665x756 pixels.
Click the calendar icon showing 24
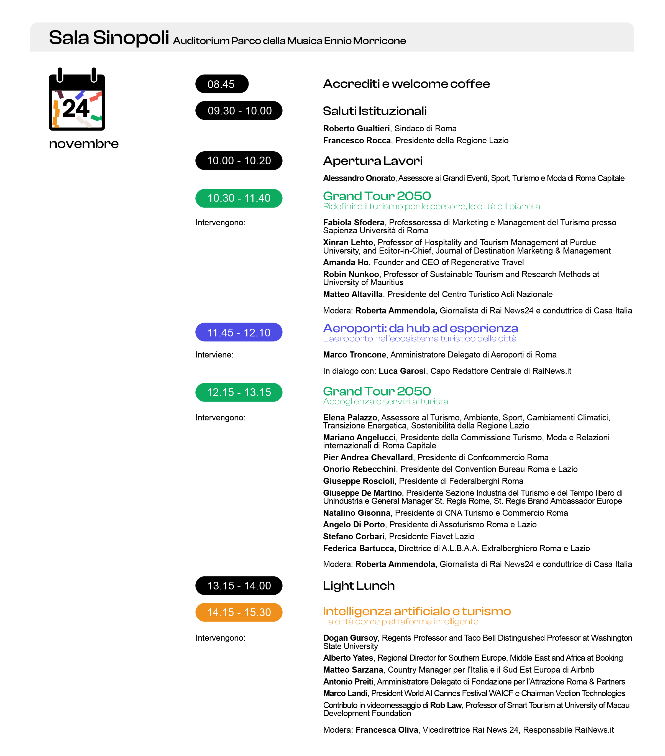point(77,100)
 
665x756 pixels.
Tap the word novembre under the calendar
point(84,144)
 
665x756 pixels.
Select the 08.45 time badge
point(222,84)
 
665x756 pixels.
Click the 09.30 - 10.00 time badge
point(239,111)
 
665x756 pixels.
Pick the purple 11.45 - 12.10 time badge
point(239,333)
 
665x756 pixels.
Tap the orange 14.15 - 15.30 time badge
point(239,612)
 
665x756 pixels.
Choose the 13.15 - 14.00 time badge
point(239,586)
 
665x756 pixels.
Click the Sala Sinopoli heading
point(109,38)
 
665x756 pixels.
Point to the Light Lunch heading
point(359,586)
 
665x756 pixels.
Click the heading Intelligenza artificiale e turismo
point(417,611)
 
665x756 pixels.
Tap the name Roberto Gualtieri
point(356,128)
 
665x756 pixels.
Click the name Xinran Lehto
point(348,242)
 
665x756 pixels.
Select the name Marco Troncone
point(354,355)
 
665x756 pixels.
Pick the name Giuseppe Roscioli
point(358,481)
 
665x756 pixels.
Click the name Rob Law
point(445,705)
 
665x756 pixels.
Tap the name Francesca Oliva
point(387,730)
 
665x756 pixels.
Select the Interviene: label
point(214,355)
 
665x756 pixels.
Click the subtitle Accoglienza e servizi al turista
point(385,401)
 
